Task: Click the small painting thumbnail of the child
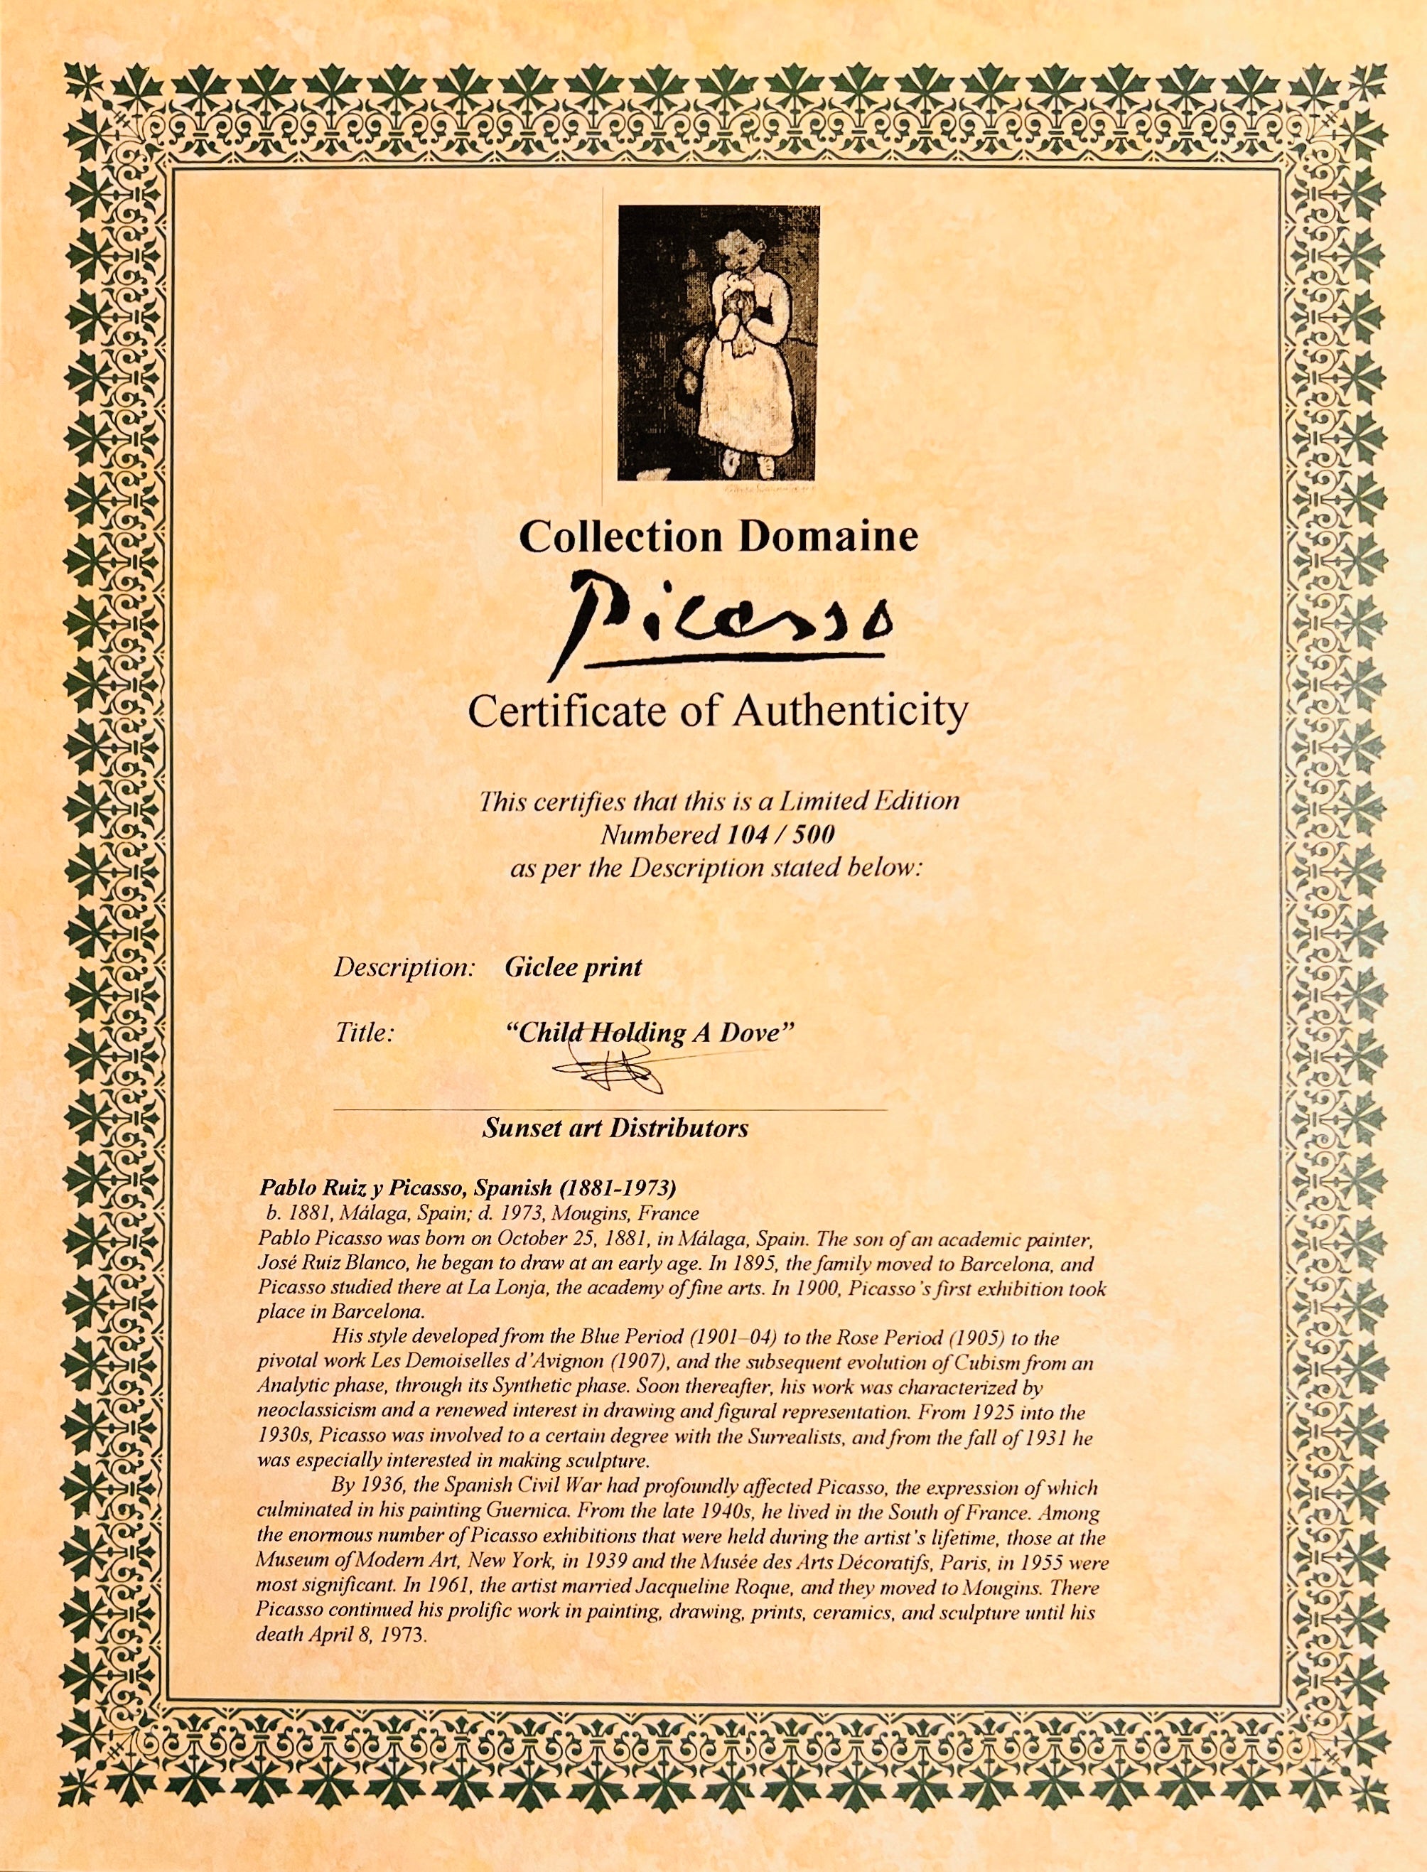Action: coord(718,343)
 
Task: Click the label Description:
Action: coord(404,967)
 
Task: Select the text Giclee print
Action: coord(574,967)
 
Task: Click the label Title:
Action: coord(365,1033)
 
